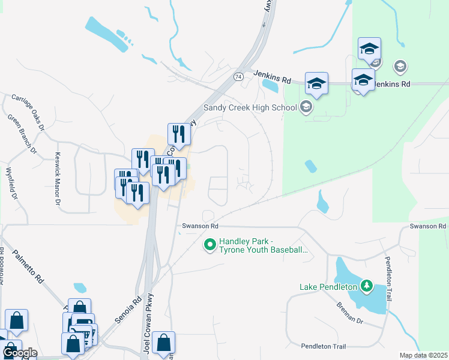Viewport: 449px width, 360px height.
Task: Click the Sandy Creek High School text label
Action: [250, 108]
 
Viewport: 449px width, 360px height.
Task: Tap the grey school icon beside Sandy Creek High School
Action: [306, 108]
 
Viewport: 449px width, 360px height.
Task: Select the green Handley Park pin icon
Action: [210, 244]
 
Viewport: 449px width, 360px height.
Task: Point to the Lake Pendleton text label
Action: [328, 287]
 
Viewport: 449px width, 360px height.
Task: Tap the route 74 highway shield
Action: [239, 77]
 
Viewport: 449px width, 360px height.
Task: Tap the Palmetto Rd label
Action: [29, 266]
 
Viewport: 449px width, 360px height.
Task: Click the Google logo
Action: [20, 353]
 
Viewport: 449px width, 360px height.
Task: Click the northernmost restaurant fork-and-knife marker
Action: [179, 133]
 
